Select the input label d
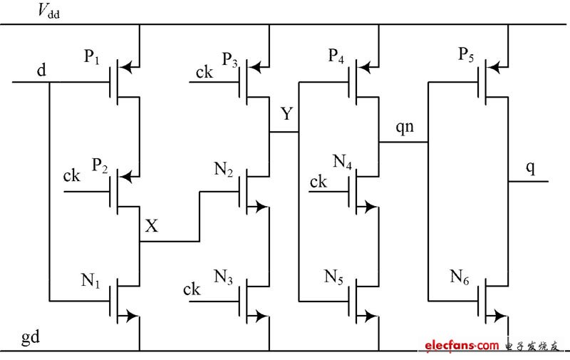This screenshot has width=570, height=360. [x=42, y=71]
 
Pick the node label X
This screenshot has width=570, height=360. [x=152, y=226]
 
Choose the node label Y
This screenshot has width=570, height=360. [x=286, y=114]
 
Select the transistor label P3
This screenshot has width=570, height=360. [x=229, y=58]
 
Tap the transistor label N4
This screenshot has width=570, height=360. [x=343, y=160]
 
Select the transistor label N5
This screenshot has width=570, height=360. [x=335, y=276]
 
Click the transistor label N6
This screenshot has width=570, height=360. [x=460, y=276]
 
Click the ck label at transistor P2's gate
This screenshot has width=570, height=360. [x=72, y=175]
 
